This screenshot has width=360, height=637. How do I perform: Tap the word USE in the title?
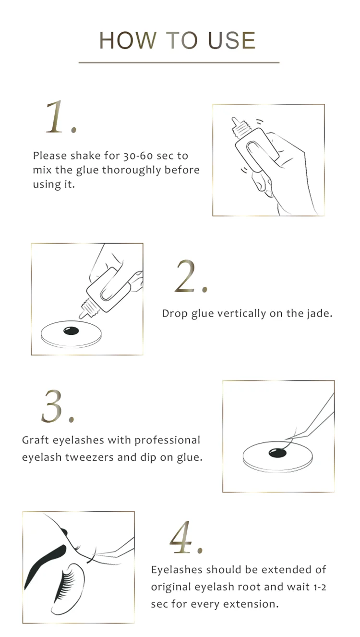(x=231, y=41)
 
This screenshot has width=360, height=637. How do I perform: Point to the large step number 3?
(x=54, y=406)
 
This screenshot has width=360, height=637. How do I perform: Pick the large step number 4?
(x=183, y=537)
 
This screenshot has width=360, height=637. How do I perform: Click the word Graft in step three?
(x=36, y=441)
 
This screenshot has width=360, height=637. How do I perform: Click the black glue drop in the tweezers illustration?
(x=277, y=452)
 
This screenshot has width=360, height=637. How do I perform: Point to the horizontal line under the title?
(x=179, y=62)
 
